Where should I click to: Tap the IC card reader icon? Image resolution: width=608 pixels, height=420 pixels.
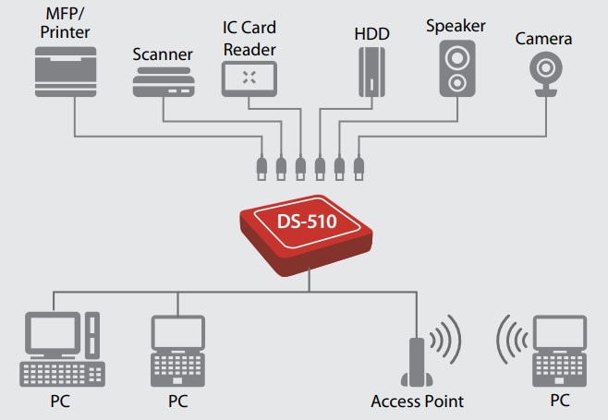pyautogui.click(x=249, y=78)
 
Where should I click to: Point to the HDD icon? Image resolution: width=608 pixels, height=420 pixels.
pyautogui.click(x=371, y=70)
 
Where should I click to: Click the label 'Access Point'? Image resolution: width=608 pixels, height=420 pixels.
pyautogui.click(x=417, y=402)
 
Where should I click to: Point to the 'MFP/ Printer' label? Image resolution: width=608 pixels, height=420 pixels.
pyautogui.click(x=67, y=24)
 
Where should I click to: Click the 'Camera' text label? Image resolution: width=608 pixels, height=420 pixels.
pyautogui.click(x=544, y=38)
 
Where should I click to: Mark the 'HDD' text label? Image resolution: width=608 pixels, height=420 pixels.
pyautogui.click(x=371, y=33)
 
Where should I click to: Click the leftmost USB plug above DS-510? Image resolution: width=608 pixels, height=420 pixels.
pyautogui.click(x=261, y=168)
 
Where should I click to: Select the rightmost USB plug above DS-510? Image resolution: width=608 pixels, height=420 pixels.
pyautogui.click(x=359, y=168)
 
